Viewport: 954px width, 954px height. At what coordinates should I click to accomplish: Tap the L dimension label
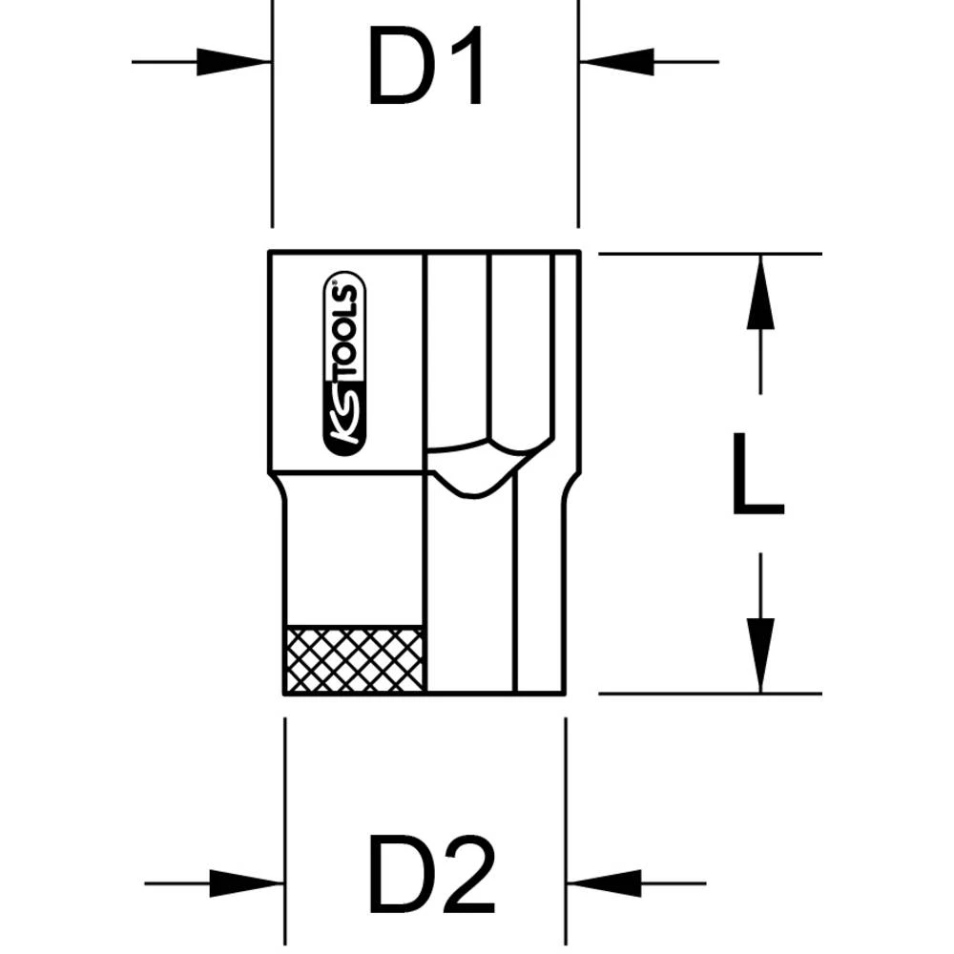(757, 474)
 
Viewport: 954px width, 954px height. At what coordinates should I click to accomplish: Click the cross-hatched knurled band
(354, 659)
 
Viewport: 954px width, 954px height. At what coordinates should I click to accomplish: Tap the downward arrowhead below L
(759, 654)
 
